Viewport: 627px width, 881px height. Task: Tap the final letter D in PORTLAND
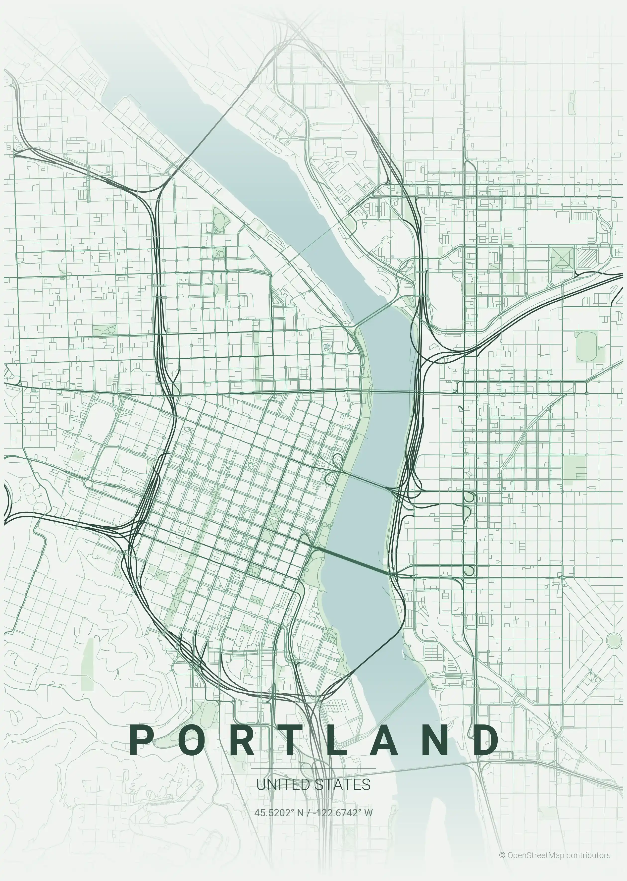click(x=486, y=739)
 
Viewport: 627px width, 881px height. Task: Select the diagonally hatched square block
click(x=587, y=258)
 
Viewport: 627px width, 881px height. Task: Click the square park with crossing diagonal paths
click(x=562, y=258)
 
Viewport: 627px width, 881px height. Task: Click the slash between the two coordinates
click(x=308, y=813)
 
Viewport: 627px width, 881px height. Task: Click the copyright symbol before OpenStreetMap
click(x=502, y=855)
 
